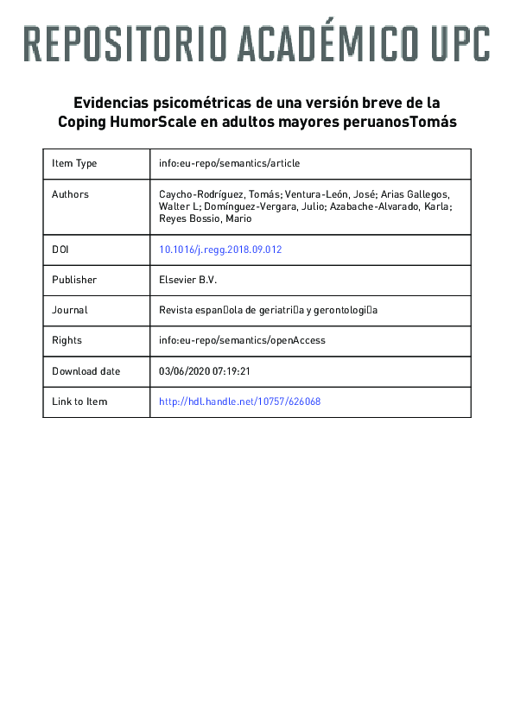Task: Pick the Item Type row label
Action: point(74,163)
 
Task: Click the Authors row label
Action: point(70,194)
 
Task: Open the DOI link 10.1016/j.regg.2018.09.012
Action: point(220,250)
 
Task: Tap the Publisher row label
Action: point(74,280)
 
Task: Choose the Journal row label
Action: point(70,310)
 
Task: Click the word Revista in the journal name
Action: point(176,310)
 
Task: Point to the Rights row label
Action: point(67,340)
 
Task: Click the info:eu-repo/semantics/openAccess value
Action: point(243,340)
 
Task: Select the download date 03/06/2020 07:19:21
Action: point(205,371)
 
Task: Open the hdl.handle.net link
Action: point(240,401)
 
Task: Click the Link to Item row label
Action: point(79,401)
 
